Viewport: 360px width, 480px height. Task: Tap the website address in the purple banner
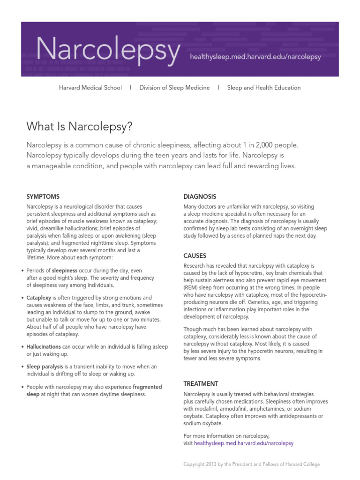(x=255, y=57)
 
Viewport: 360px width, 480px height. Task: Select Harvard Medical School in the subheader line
(x=90, y=88)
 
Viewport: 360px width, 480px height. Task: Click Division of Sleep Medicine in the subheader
(x=174, y=88)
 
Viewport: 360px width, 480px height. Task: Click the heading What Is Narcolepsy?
(x=80, y=126)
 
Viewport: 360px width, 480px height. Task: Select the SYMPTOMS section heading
(x=43, y=196)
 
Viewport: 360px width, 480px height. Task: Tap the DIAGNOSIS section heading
(x=200, y=196)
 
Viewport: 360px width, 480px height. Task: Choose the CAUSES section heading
(x=195, y=255)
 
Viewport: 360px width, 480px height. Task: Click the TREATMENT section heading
(x=201, y=383)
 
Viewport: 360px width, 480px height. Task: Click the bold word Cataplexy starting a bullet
(x=39, y=298)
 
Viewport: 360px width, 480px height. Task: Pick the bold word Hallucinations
(x=44, y=346)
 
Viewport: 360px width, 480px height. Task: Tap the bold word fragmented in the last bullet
(x=147, y=387)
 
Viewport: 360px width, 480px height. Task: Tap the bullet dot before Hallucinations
(x=23, y=347)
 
